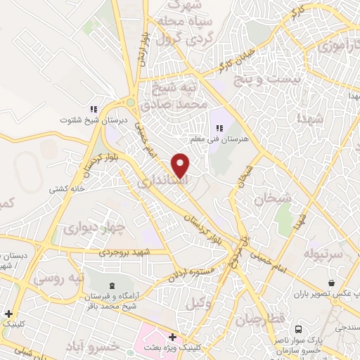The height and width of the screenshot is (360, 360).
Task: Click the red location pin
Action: click(181, 165)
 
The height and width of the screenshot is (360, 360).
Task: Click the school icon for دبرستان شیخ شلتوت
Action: click(92, 109)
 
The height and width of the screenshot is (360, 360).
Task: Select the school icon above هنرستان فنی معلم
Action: click(219, 129)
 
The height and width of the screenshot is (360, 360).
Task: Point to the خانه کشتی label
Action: click(67, 189)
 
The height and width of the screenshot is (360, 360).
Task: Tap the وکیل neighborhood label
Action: click(200, 304)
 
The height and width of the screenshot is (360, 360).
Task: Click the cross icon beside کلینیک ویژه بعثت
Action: click(172, 337)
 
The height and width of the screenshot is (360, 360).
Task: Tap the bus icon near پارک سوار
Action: click(300, 328)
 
